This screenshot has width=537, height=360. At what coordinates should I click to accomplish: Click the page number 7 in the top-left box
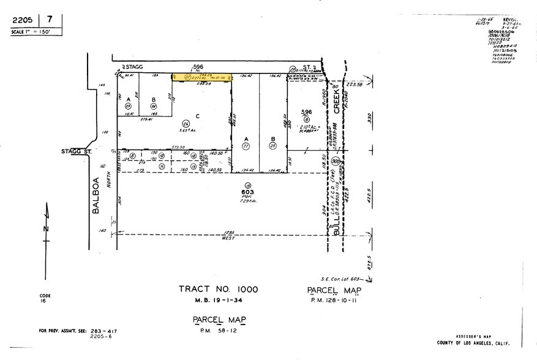pyautogui.click(x=50, y=19)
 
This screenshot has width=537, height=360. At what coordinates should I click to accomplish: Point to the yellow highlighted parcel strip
pyautogui.click(x=202, y=77)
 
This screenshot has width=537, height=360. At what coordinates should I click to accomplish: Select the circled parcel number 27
pyautogui.click(x=246, y=146)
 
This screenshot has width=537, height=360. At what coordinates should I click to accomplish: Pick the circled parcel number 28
pyautogui.click(x=274, y=146)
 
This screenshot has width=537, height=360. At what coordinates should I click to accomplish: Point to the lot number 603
pyautogui.click(x=249, y=192)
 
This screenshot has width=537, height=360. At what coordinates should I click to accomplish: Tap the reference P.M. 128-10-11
pyautogui.click(x=335, y=301)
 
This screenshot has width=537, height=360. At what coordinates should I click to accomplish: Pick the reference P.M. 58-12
pyautogui.click(x=218, y=331)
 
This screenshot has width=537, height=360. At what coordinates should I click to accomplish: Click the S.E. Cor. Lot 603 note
pyautogui.click(x=339, y=279)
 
